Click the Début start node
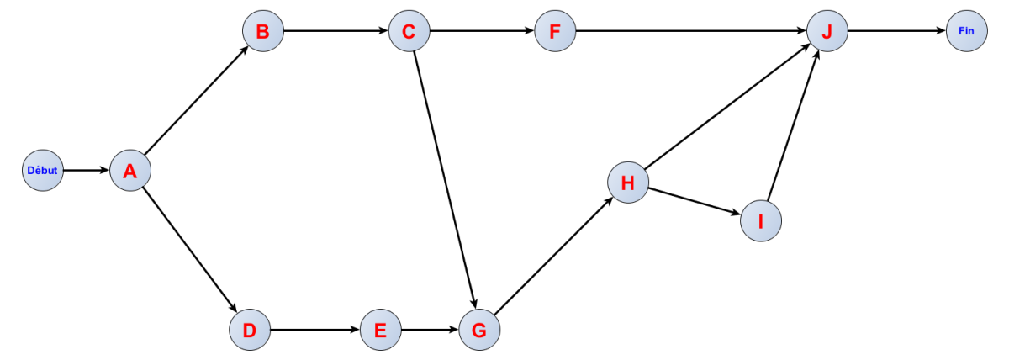43,170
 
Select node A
130,171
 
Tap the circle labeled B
262,32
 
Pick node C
409,32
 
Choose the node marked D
249,330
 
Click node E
381,330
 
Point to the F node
554,32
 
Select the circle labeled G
479,330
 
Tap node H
628,183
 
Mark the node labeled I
761,221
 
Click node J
827,32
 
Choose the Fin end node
966,32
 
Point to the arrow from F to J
689,32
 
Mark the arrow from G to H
554,256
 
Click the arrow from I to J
794,126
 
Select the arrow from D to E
315,330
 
